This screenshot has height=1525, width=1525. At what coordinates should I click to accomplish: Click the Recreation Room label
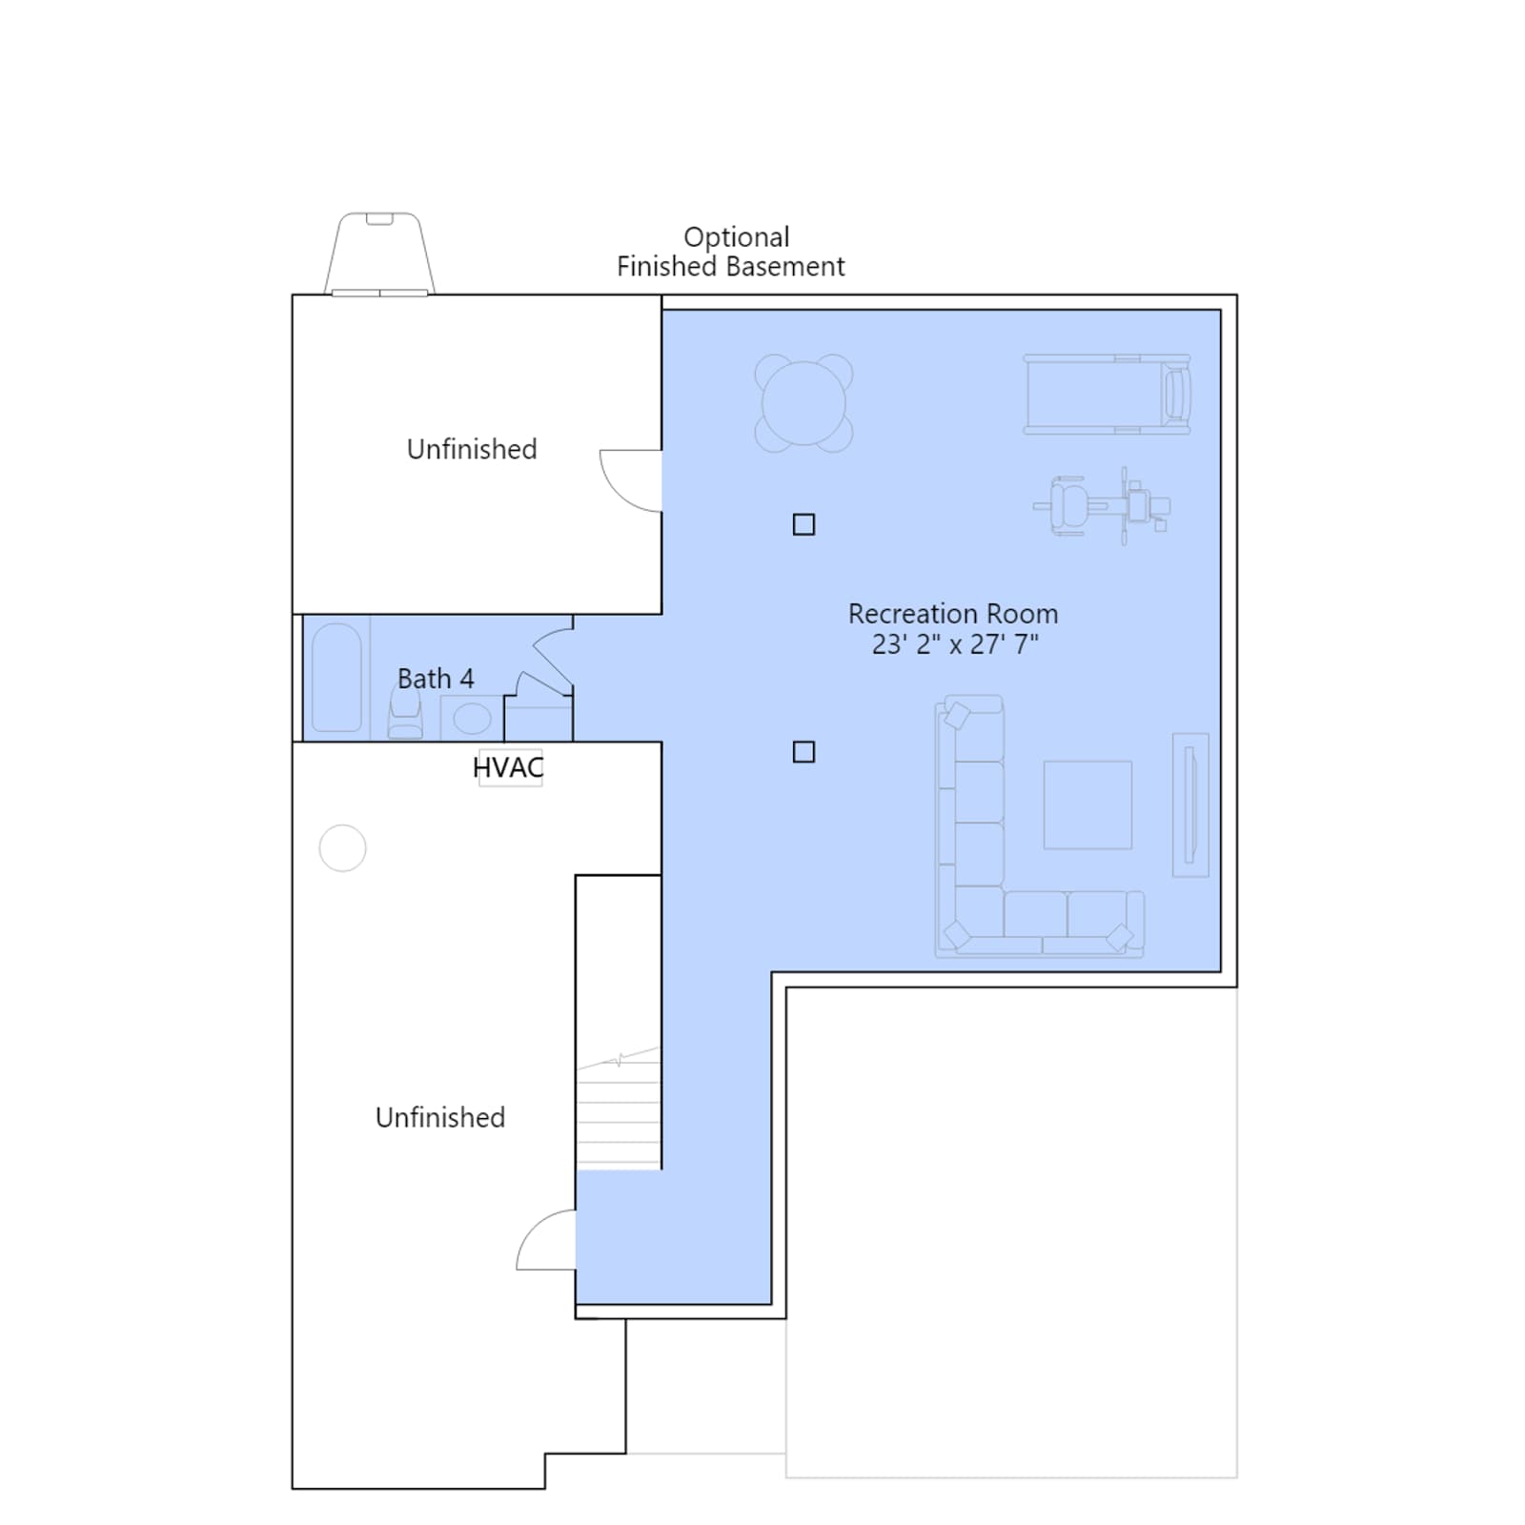pyautogui.click(x=953, y=614)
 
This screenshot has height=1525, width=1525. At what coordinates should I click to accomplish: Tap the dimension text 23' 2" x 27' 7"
pyautogui.click(x=955, y=644)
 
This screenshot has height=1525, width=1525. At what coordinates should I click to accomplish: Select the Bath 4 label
pyautogui.click(x=436, y=679)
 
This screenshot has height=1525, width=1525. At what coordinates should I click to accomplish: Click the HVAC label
pyautogui.click(x=508, y=767)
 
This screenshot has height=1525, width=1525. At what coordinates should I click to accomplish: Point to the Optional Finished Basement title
pyautogui.click(x=731, y=252)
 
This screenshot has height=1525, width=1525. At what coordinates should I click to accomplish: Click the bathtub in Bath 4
pyautogui.click(x=336, y=678)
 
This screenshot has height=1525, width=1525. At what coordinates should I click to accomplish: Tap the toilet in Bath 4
pyautogui.click(x=405, y=713)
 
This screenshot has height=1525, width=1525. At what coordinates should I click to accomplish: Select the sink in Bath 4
pyautogui.click(x=472, y=718)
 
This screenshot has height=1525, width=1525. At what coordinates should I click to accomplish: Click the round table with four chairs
pyautogui.click(x=803, y=403)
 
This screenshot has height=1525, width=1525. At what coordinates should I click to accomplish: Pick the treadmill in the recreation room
pyautogui.click(x=1108, y=395)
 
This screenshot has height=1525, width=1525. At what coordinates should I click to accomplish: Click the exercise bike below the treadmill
pyautogui.click(x=1103, y=505)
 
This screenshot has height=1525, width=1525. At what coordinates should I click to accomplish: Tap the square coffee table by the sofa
pyautogui.click(x=1088, y=804)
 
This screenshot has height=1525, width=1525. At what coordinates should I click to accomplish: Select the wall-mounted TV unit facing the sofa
pyautogui.click(x=1190, y=804)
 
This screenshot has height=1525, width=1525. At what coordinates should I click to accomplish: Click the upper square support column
pyautogui.click(x=803, y=524)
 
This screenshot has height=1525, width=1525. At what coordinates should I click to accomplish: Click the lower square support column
pyautogui.click(x=803, y=752)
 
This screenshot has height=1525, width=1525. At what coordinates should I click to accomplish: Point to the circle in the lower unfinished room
pyautogui.click(x=343, y=848)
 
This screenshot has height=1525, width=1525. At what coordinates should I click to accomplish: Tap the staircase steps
pyautogui.click(x=619, y=1108)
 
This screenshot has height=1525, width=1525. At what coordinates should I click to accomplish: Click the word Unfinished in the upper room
pyautogui.click(x=472, y=449)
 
